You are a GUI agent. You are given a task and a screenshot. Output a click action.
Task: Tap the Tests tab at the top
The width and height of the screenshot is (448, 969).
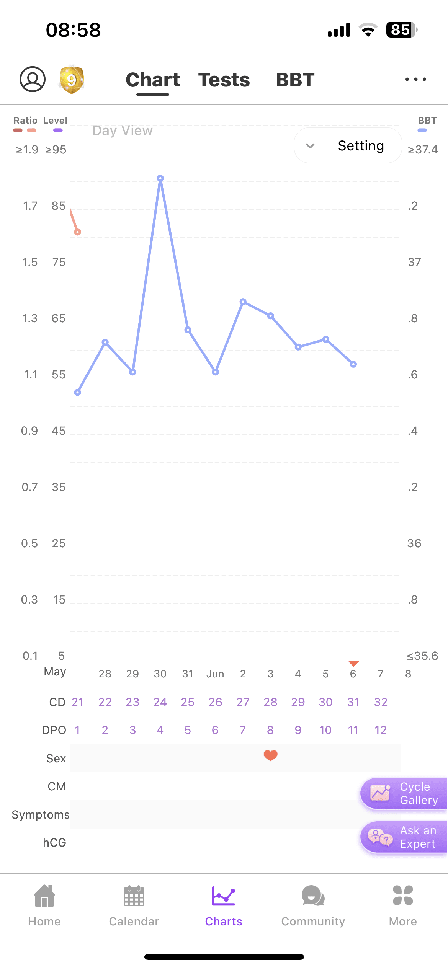click(224, 80)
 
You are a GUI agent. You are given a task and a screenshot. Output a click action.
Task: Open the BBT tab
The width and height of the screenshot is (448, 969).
click(295, 80)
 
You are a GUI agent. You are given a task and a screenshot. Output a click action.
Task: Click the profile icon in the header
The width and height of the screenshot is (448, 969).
click(33, 79)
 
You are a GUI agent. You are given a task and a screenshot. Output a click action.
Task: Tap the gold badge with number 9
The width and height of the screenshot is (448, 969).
click(72, 80)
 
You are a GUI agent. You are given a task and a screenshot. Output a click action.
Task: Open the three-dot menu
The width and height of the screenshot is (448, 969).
click(416, 80)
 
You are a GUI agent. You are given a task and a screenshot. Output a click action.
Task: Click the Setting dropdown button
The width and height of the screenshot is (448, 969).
click(348, 146)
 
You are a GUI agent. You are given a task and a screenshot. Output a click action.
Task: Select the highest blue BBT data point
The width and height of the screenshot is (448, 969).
click(160, 178)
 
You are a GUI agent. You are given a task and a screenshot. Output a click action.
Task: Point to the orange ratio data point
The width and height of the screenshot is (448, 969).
click(78, 232)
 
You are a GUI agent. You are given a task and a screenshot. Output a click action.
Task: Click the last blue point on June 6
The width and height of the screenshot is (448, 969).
click(353, 364)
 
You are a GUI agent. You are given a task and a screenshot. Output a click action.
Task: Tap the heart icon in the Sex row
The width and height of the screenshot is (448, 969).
click(270, 755)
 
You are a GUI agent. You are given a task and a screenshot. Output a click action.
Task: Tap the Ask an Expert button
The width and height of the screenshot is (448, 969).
click(404, 837)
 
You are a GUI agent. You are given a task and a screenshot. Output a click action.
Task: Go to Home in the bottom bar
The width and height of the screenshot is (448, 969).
click(44, 905)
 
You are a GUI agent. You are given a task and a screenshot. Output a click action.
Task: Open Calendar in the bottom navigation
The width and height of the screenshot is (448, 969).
click(134, 905)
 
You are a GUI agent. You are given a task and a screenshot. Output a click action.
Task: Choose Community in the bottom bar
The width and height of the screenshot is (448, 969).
click(313, 905)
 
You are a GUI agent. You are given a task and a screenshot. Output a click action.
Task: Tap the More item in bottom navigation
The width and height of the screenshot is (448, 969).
click(403, 905)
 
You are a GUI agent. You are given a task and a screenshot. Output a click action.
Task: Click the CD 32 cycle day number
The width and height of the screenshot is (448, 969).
click(381, 702)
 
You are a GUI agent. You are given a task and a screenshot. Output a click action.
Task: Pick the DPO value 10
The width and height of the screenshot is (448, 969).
click(325, 730)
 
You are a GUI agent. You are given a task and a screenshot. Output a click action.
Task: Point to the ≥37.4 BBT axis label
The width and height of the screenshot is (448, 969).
click(423, 150)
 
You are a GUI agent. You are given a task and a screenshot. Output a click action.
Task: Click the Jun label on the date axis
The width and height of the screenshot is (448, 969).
click(215, 674)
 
